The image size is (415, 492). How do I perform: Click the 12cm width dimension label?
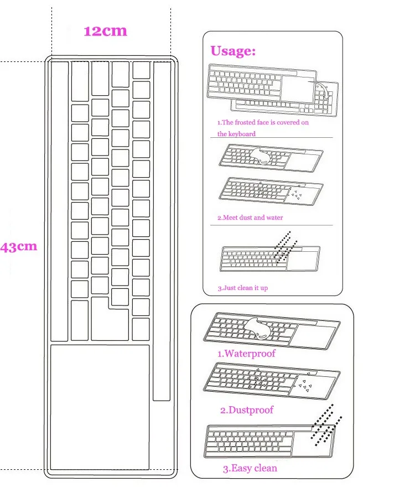pos(105,30)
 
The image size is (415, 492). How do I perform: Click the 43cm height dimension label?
pos(19,247)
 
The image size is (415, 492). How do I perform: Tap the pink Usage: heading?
pos(232,51)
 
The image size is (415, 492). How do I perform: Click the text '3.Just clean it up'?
pos(242,288)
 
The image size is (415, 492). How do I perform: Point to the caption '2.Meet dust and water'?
pos(250,217)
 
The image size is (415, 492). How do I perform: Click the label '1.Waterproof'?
pos(246,353)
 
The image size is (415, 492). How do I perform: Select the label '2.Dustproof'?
pos(246,410)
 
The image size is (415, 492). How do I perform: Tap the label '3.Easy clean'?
pos(250,468)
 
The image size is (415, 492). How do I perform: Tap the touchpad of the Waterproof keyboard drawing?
pos(314,334)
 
